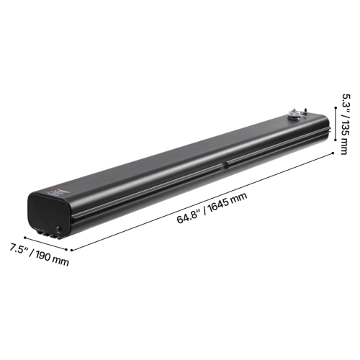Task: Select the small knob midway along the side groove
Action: [x=225, y=164]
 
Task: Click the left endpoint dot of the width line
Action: [x=26, y=235]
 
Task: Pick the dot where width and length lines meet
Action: [x=71, y=249]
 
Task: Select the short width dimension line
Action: [x=48, y=243]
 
